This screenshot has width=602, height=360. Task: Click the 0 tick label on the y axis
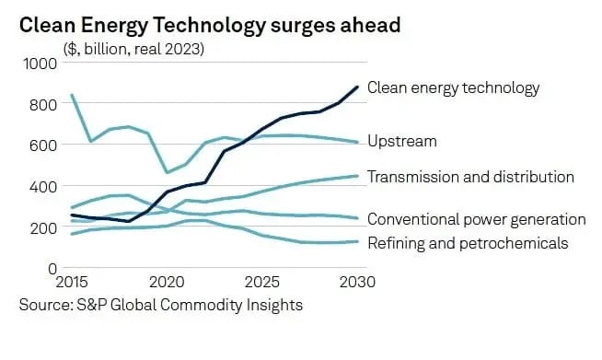52,268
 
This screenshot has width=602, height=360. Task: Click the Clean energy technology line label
453,88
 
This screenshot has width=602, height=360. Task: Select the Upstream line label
401,142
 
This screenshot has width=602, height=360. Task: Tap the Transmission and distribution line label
470,177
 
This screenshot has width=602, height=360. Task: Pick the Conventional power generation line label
476,219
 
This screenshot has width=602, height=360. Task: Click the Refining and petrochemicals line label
468,243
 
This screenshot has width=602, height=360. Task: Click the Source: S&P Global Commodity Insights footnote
161,305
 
